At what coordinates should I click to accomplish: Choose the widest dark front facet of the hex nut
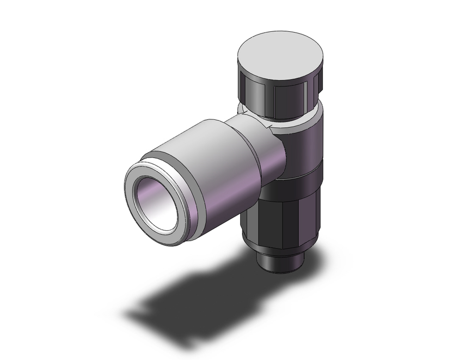click(x=284, y=219)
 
